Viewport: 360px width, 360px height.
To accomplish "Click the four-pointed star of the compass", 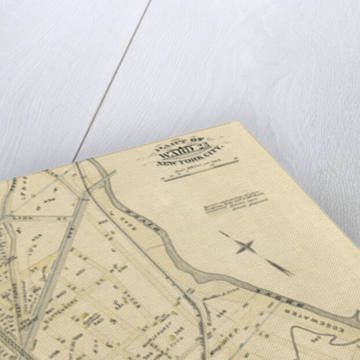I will click(x=245, y=247).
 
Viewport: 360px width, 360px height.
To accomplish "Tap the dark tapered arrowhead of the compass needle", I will click(x=281, y=267).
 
